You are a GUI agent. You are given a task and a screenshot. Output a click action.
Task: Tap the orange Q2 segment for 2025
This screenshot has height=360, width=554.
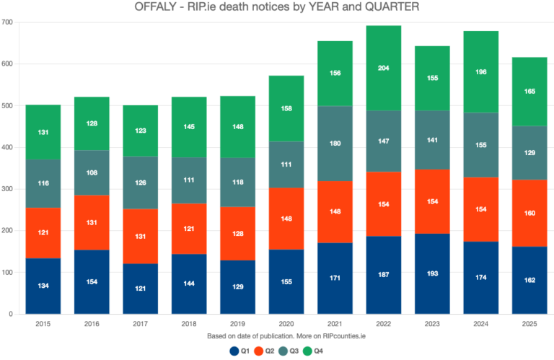coord(529,214)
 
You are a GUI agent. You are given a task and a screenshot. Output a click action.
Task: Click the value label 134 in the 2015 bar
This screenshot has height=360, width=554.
coord(43,286)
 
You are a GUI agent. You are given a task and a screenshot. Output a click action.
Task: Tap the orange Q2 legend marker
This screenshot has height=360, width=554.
coord(261,351)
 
